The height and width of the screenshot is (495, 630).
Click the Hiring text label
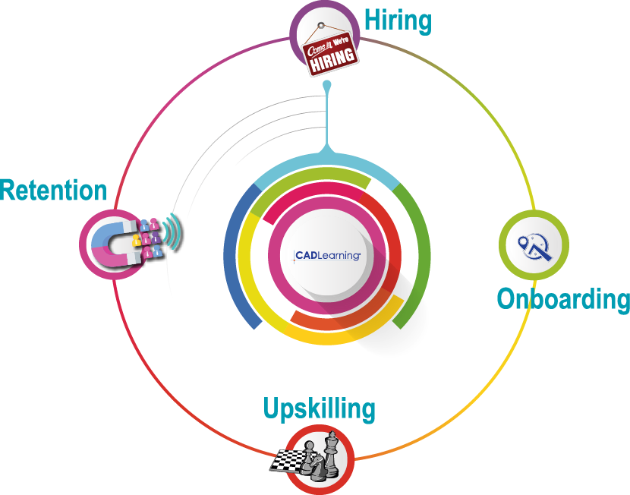(398, 20)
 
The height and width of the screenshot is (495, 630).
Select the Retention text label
(53, 191)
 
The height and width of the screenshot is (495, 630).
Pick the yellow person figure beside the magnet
(138, 241)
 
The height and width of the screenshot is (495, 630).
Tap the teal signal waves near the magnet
(175, 232)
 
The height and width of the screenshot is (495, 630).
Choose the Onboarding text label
(563, 298)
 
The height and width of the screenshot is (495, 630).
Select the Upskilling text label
(319, 408)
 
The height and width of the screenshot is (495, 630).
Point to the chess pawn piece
(310, 452)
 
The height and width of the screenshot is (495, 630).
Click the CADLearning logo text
(327, 255)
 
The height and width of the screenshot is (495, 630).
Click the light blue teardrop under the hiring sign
(326, 87)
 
